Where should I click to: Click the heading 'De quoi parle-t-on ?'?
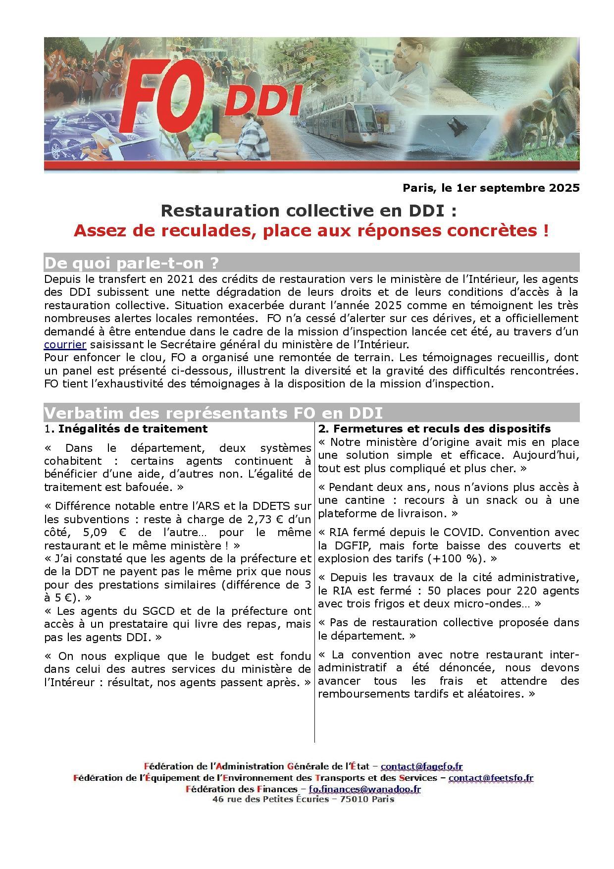click(131, 262)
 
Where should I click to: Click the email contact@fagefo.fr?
click(421, 766)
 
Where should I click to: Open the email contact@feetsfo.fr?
click(491, 778)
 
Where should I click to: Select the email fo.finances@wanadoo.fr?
click(364, 789)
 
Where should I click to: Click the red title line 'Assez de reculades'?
click(311, 231)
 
